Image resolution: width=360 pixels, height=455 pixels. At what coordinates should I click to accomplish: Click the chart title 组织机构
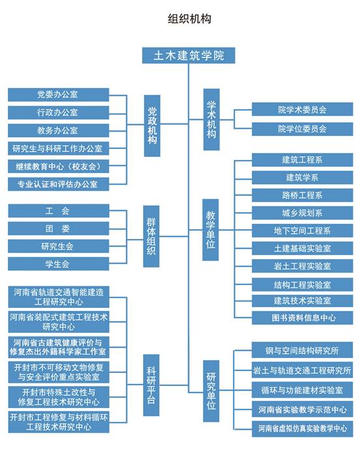pos(189,19)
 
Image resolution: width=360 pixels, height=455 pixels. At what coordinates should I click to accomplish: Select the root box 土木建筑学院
pos(188,55)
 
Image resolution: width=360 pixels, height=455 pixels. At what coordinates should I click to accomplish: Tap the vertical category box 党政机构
pos(152,126)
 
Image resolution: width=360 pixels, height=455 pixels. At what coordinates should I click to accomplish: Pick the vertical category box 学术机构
pos(212,120)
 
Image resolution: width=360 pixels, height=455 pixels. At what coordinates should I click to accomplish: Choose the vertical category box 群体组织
pos(151,236)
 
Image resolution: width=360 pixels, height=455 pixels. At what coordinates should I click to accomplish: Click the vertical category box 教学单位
pos(210,230)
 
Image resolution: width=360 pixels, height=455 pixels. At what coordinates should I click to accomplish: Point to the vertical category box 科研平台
pos(151,385)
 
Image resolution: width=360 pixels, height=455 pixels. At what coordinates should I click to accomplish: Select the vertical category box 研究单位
pos(211,391)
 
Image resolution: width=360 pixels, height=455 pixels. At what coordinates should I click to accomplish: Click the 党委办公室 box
pos(59,94)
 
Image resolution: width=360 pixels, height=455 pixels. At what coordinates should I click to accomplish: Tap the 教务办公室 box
pos(59,131)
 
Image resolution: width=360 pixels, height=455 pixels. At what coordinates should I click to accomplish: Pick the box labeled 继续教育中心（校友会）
pos(59,166)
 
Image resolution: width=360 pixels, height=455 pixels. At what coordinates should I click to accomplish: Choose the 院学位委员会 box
pos(302,129)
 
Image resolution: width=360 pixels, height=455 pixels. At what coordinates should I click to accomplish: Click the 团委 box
pos(59,228)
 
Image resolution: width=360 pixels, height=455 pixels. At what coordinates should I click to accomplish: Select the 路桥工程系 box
pos(302,195)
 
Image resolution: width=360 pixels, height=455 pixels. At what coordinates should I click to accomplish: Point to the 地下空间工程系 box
pos(302,230)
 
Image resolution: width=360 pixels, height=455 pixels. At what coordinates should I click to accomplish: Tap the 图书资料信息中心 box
pos(302,318)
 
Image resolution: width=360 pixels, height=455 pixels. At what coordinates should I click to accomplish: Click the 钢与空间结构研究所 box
pos(302,350)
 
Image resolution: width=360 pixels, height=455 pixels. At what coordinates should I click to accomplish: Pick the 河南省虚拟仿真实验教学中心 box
pos(302,428)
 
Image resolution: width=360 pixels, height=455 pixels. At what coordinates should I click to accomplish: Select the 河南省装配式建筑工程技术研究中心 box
pos(59,322)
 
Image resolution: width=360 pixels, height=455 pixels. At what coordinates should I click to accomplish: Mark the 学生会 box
pos(59,264)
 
